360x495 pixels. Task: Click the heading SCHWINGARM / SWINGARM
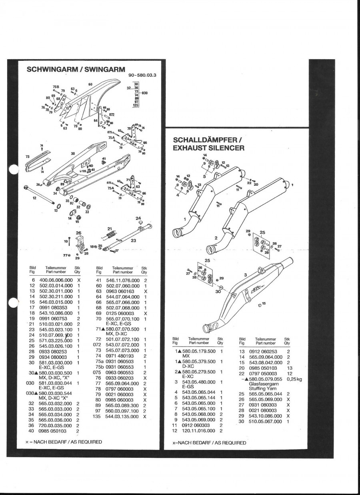(75, 69)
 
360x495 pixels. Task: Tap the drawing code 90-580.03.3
(142, 75)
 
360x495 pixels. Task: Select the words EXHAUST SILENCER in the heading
(208, 148)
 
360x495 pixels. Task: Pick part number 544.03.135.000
(122, 416)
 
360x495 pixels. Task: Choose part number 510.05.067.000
(265, 421)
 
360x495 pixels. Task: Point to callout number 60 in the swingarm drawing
(90, 84)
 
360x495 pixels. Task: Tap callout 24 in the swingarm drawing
(138, 218)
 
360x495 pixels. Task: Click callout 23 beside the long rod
(134, 240)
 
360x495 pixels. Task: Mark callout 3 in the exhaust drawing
(246, 275)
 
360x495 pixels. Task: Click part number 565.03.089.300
(122, 405)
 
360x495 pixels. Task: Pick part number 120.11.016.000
(198, 431)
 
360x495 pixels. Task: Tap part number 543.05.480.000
(198, 382)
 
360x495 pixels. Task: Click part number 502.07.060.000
(122, 285)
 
